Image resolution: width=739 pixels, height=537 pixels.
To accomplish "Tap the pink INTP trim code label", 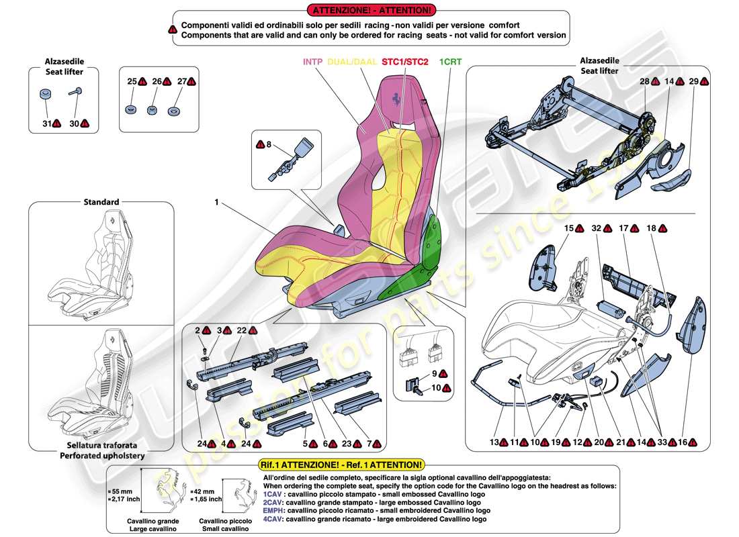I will (312, 61).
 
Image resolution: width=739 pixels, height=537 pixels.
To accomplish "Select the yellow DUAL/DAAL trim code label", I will (352, 61).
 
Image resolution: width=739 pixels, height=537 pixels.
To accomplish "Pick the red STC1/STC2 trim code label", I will (405, 61).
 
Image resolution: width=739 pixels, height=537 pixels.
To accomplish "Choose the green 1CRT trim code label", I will (450, 61).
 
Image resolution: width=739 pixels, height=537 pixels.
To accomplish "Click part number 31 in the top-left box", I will (46, 124).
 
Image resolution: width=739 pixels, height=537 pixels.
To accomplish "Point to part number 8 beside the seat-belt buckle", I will (269, 144).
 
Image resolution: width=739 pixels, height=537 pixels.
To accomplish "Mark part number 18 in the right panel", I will (650, 229).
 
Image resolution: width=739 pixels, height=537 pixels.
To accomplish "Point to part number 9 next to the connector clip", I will (435, 373).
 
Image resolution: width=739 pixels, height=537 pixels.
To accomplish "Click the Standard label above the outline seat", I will (101, 201).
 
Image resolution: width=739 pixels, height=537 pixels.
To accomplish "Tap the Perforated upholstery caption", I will (101, 456).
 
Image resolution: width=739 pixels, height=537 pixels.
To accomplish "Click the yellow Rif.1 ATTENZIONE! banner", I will (341, 465).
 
